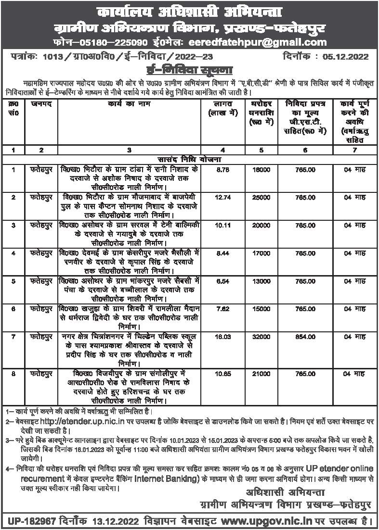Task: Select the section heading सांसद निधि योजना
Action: click(x=190, y=159)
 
